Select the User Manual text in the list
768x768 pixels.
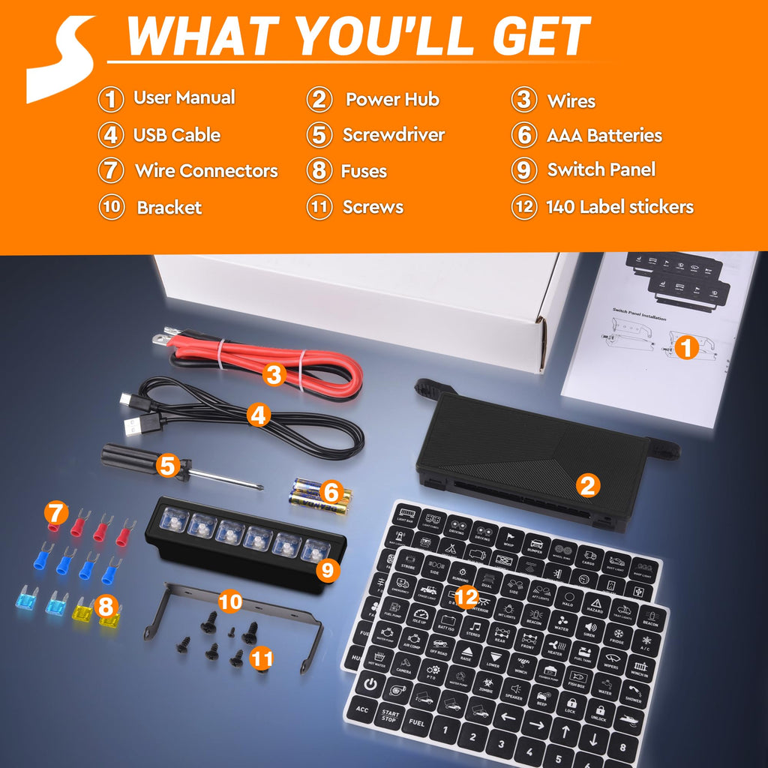184,97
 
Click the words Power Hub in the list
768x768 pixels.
391,99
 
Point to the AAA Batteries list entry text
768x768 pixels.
604,136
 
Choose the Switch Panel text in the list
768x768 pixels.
601,169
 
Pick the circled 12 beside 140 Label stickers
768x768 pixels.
524,207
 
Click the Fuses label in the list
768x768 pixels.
364,171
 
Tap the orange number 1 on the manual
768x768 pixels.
685,347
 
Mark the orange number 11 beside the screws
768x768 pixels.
262,658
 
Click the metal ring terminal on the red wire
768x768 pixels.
160,340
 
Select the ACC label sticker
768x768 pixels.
363,709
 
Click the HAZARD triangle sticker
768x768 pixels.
595,606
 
